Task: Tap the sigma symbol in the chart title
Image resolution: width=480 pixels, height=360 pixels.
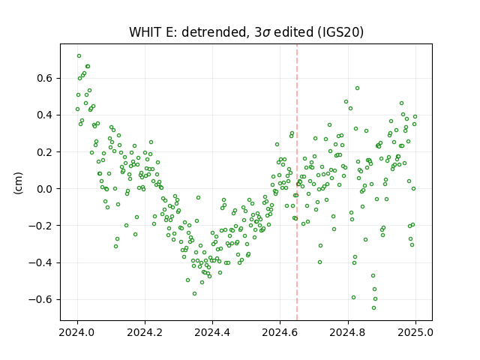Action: click(x=267, y=33)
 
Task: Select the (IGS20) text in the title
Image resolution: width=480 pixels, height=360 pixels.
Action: click(x=338, y=32)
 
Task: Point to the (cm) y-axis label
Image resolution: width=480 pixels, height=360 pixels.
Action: click(x=18, y=183)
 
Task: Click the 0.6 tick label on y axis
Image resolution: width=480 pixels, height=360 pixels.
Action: click(x=45, y=78)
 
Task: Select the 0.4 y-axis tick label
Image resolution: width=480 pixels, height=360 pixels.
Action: click(x=45, y=115)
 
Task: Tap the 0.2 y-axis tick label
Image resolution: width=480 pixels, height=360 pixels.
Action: click(x=45, y=152)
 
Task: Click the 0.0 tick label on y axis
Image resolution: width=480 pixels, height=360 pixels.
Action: click(x=45, y=189)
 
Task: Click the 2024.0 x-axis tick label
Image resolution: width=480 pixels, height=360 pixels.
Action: click(x=77, y=332)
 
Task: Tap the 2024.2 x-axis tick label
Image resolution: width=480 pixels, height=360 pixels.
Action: click(x=145, y=332)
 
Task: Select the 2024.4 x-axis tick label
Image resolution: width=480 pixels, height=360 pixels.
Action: click(x=212, y=332)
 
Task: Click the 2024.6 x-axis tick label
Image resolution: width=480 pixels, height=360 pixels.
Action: click(x=280, y=332)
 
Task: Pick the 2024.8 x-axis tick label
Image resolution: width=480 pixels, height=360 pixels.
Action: click(x=348, y=332)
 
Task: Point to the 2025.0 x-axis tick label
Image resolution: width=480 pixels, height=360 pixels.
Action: click(x=415, y=332)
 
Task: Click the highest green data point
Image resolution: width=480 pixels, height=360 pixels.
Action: click(x=79, y=56)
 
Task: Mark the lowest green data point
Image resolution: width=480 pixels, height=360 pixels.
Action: click(x=373, y=308)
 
